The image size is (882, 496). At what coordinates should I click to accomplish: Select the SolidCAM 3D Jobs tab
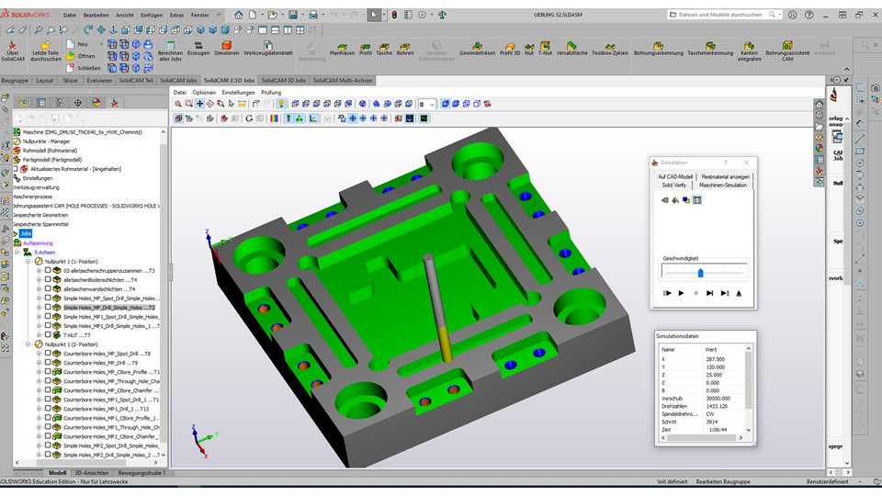(x=282, y=80)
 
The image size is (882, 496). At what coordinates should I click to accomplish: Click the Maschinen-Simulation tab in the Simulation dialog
(x=722, y=185)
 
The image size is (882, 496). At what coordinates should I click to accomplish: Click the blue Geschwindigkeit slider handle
(x=700, y=272)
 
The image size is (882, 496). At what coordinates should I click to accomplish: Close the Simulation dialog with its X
(x=741, y=162)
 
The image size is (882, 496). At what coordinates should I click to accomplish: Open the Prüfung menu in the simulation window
(x=271, y=93)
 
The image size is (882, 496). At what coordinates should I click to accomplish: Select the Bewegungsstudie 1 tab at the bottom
(x=140, y=473)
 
